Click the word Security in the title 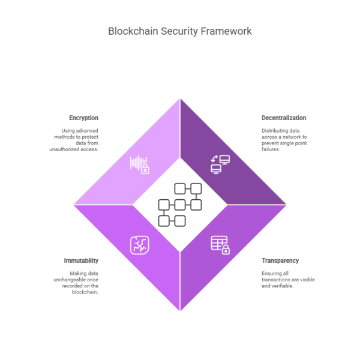(x=177, y=31)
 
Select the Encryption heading (x=83, y=118)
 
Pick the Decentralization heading (x=284, y=118)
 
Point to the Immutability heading (x=82, y=260)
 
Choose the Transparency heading (x=280, y=260)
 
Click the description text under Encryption (x=74, y=140)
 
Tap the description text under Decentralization (x=284, y=140)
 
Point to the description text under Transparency (x=288, y=279)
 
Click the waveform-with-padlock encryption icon (x=139, y=164)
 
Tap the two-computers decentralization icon (x=220, y=164)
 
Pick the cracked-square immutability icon (x=139, y=244)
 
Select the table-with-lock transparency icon (x=220, y=244)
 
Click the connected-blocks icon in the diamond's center (x=180, y=205)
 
